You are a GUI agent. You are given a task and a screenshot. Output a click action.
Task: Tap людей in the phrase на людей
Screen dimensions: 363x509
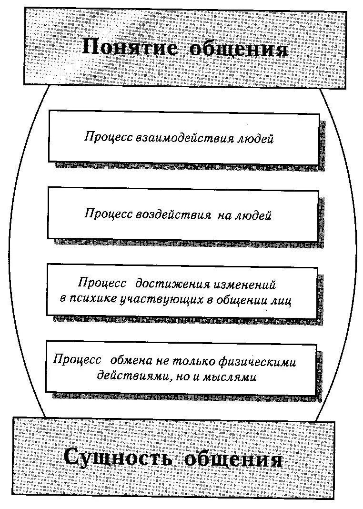click(x=252, y=215)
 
